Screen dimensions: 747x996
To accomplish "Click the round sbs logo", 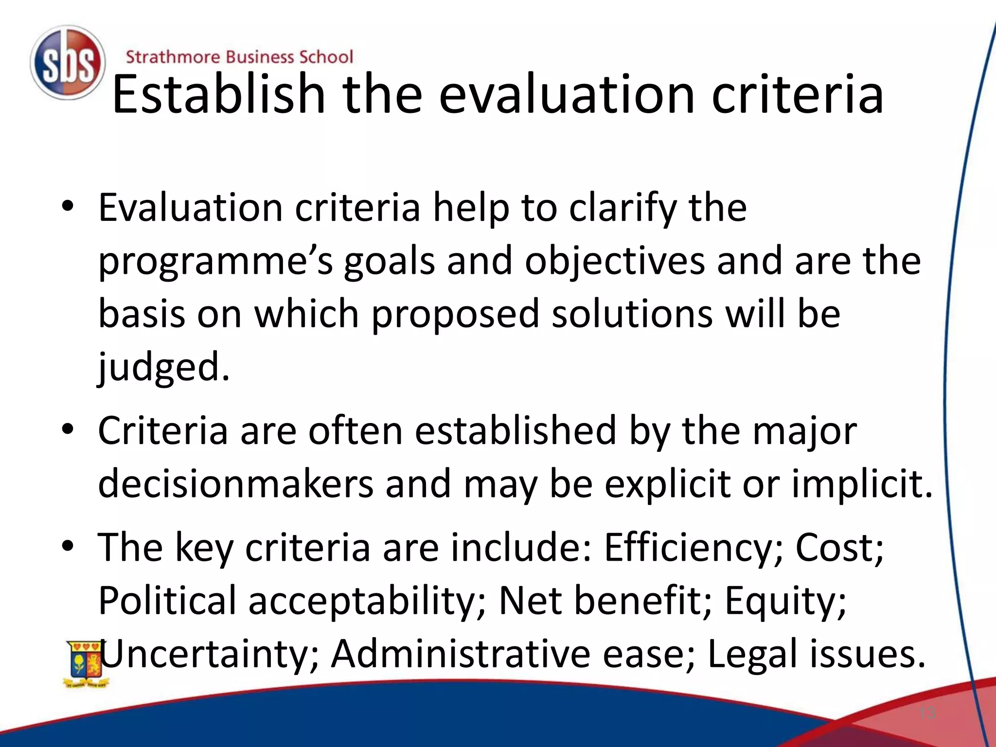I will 67,63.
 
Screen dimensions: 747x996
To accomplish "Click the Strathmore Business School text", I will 239,57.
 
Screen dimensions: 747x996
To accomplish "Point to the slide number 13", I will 927,713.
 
